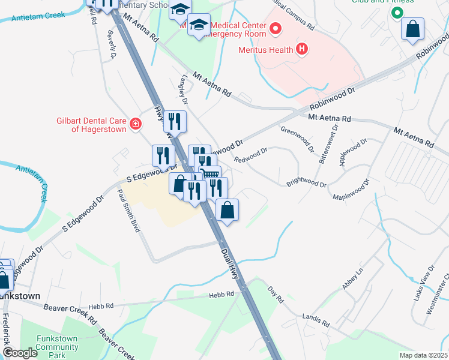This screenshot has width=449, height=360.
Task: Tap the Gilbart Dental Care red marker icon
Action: (136, 124)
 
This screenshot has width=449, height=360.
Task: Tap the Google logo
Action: (20, 353)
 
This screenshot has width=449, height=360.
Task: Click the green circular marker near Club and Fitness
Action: (396, 13)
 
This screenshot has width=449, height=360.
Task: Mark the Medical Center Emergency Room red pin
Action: (276, 28)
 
